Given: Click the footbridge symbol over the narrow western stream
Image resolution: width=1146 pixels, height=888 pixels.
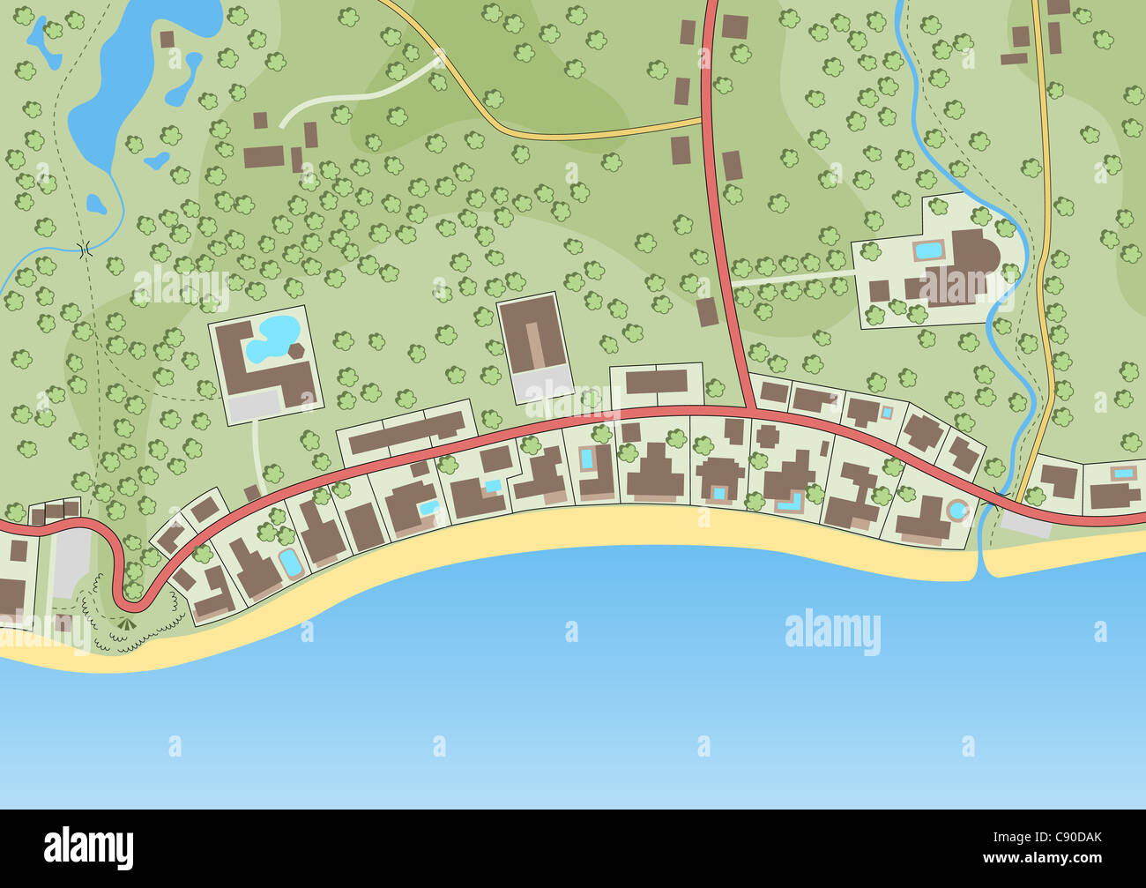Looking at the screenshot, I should pyautogui.click(x=86, y=250).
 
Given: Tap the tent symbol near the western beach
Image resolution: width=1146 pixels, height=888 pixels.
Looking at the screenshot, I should pyautogui.click(x=125, y=625).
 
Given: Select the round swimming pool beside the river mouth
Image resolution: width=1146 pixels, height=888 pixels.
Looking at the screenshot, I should pyautogui.click(x=956, y=510).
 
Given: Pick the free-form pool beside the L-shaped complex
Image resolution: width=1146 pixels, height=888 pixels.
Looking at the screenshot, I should pyautogui.click(x=271, y=340).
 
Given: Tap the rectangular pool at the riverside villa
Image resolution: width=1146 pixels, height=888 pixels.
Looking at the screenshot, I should pyautogui.click(x=927, y=250).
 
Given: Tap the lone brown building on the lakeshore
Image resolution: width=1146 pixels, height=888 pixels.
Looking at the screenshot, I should pyautogui.click(x=167, y=39).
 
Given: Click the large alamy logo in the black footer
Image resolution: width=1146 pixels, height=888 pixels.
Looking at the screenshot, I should pyautogui.click(x=89, y=848).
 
